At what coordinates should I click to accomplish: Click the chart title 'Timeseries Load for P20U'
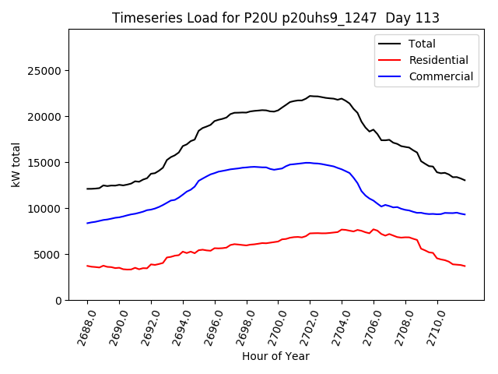click(275, 18)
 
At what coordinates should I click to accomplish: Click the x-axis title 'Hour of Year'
click(275, 356)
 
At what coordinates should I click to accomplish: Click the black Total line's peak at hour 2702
click(310, 96)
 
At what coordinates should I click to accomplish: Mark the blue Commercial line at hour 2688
click(87, 223)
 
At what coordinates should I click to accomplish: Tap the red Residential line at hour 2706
click(374, 229)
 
